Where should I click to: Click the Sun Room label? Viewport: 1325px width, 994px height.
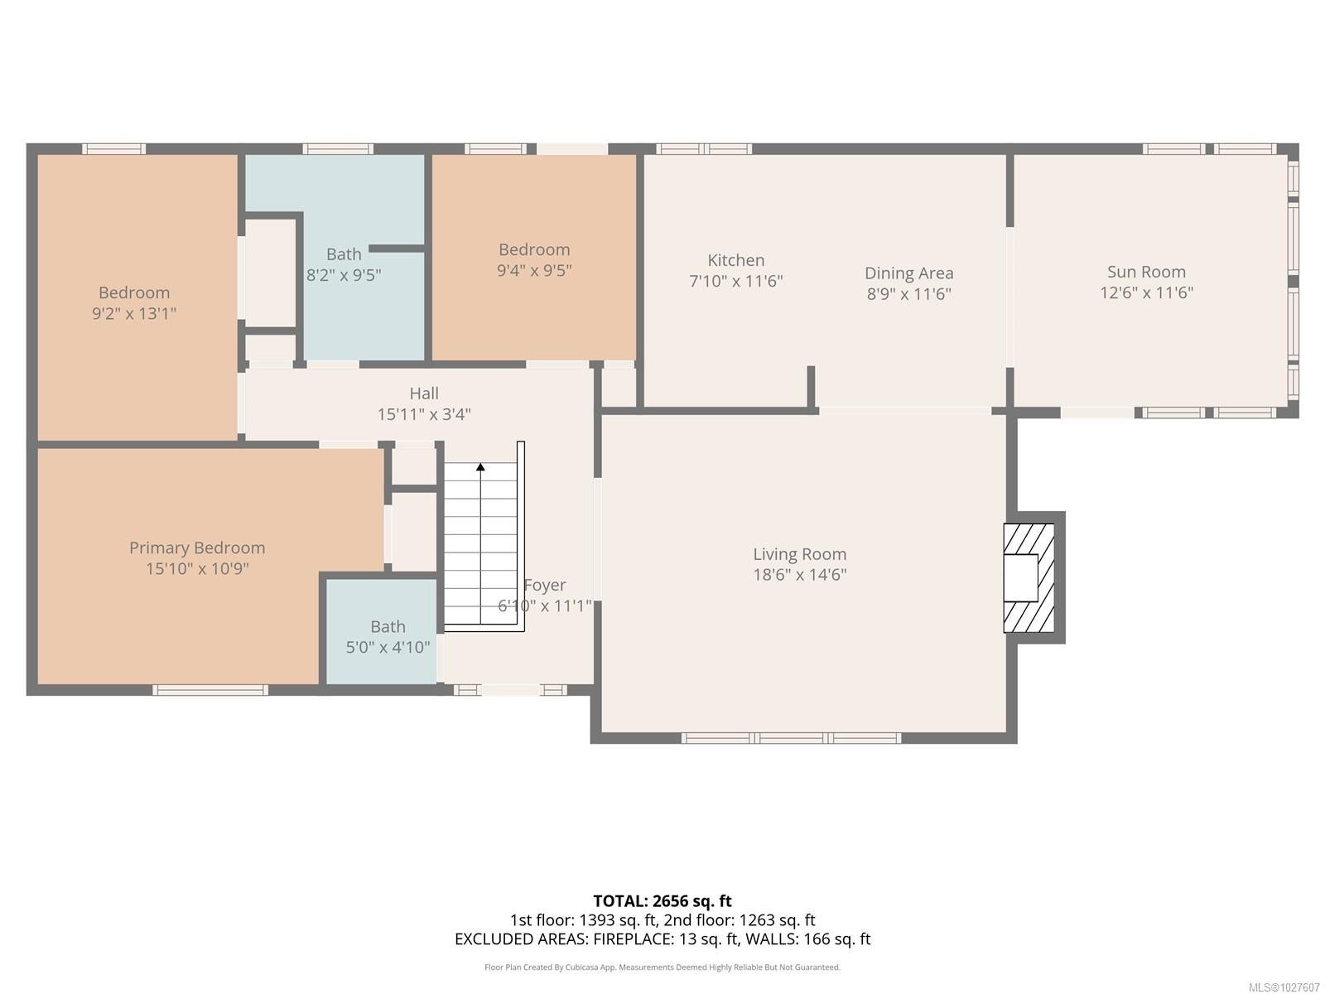coord(1146,273)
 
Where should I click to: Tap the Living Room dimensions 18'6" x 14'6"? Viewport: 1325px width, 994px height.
coord(799,575)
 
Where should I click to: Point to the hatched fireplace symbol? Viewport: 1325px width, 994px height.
coord(1029,577)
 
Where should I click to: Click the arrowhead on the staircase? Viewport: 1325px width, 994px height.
coord(480,466)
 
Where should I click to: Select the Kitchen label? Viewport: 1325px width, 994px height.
coord(736,260)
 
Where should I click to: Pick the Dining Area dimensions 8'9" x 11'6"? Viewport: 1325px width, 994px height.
coord(909,294)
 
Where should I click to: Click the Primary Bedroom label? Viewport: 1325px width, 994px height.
coord(197,548)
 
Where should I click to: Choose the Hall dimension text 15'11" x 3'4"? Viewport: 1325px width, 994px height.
coord(424,415)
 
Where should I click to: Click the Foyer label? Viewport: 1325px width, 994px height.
coord(544,586)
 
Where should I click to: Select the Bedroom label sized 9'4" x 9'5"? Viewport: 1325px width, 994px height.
coord(534,250)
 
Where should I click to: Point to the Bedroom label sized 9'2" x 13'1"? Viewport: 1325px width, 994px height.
coord(134,292)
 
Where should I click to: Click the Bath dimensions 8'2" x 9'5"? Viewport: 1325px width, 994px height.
coord(344,275)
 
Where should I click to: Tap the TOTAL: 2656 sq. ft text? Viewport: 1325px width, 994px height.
coord(662,901)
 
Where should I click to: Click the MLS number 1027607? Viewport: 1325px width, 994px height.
coord(1284,987)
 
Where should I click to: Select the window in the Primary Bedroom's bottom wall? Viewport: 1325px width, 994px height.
coord(210,690)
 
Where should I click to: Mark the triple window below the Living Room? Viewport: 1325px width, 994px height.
coord(792,737)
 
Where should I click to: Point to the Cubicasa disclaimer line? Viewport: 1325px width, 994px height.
coord(662,967)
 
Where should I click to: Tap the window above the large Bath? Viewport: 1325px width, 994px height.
coord(338,148)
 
